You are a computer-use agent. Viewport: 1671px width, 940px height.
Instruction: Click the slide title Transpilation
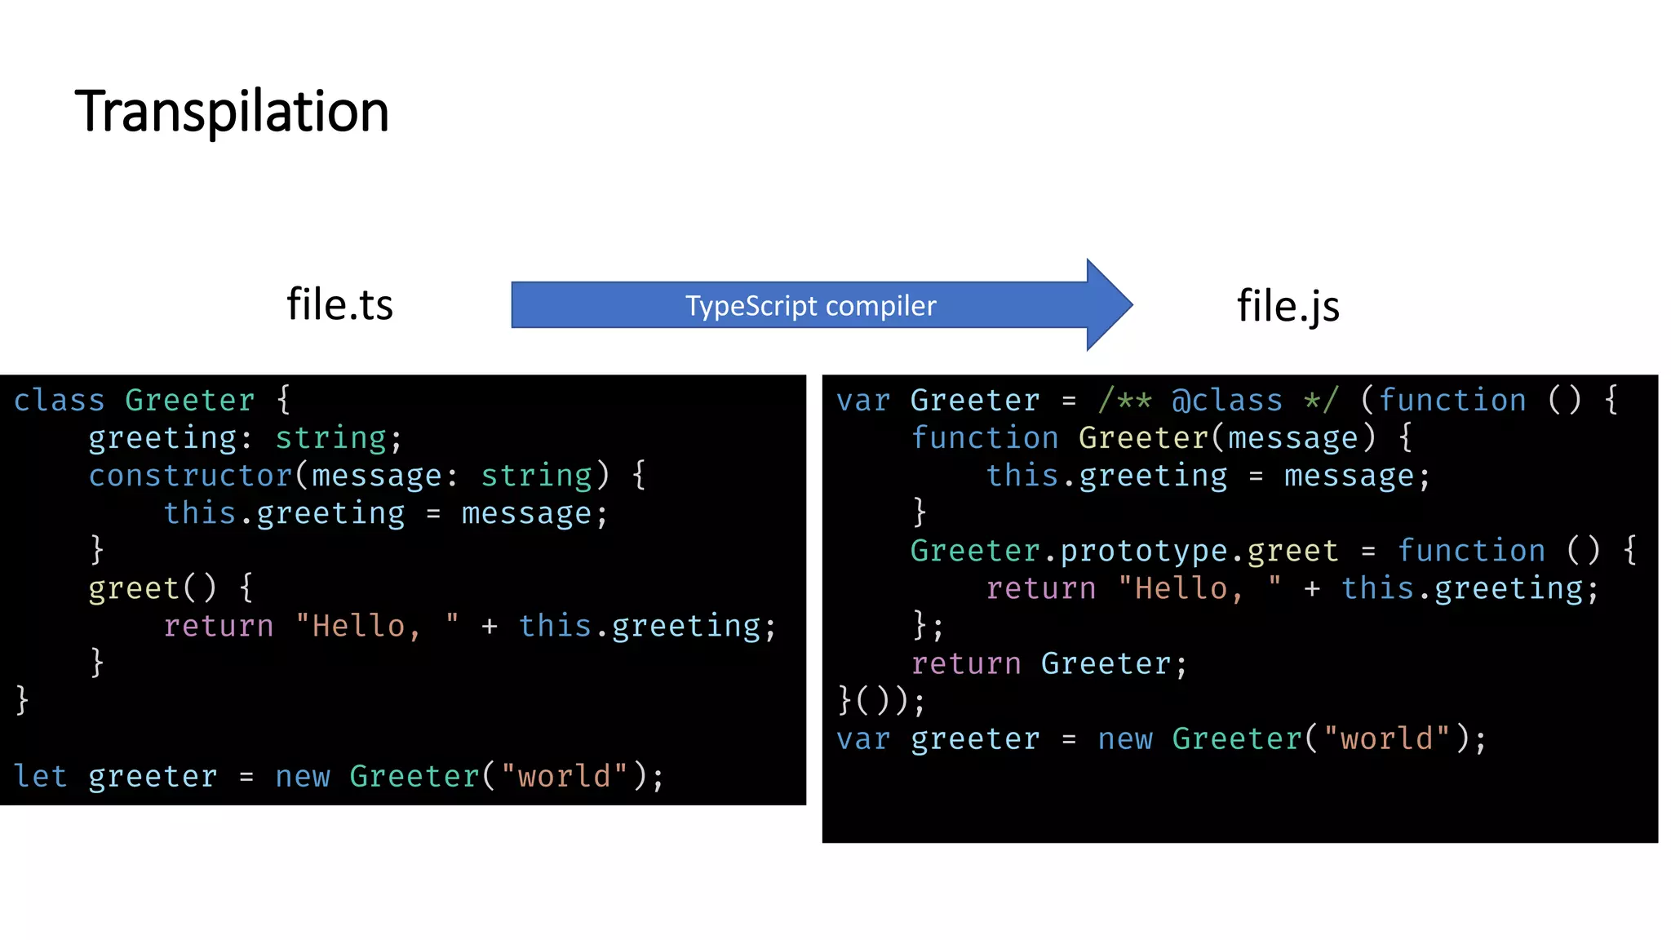(232, 112)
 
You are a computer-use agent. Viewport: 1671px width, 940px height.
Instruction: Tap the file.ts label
(339, 304)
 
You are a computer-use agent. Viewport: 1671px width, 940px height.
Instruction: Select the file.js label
(1288, 306)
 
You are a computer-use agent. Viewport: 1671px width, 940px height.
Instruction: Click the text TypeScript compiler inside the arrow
(810, 306)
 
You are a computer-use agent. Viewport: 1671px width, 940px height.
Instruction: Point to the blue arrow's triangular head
(1108, 305)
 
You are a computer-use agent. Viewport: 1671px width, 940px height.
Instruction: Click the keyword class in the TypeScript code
(59, 401)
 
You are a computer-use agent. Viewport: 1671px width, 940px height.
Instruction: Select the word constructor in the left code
(190, 476)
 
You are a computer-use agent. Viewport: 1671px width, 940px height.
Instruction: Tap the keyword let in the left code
(40, 776)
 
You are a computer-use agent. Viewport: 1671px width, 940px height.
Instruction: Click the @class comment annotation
(1226, 401)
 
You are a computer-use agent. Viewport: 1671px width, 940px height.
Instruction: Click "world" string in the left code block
(564, 776)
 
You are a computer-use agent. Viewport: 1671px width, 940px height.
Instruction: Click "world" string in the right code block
(1386, 738)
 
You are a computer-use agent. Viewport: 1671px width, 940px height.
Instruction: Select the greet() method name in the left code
(134, 588)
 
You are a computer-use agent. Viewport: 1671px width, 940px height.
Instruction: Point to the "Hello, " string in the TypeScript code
(376, 626)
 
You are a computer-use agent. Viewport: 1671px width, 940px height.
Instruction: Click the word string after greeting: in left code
(330, 438)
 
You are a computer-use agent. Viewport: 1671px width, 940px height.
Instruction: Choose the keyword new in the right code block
(1125, 738)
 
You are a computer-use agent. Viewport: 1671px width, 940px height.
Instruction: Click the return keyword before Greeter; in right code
(966, 663)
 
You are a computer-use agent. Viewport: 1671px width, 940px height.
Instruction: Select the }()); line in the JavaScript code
(881, 701)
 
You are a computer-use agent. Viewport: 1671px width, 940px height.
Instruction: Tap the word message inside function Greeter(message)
(1292, 438)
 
